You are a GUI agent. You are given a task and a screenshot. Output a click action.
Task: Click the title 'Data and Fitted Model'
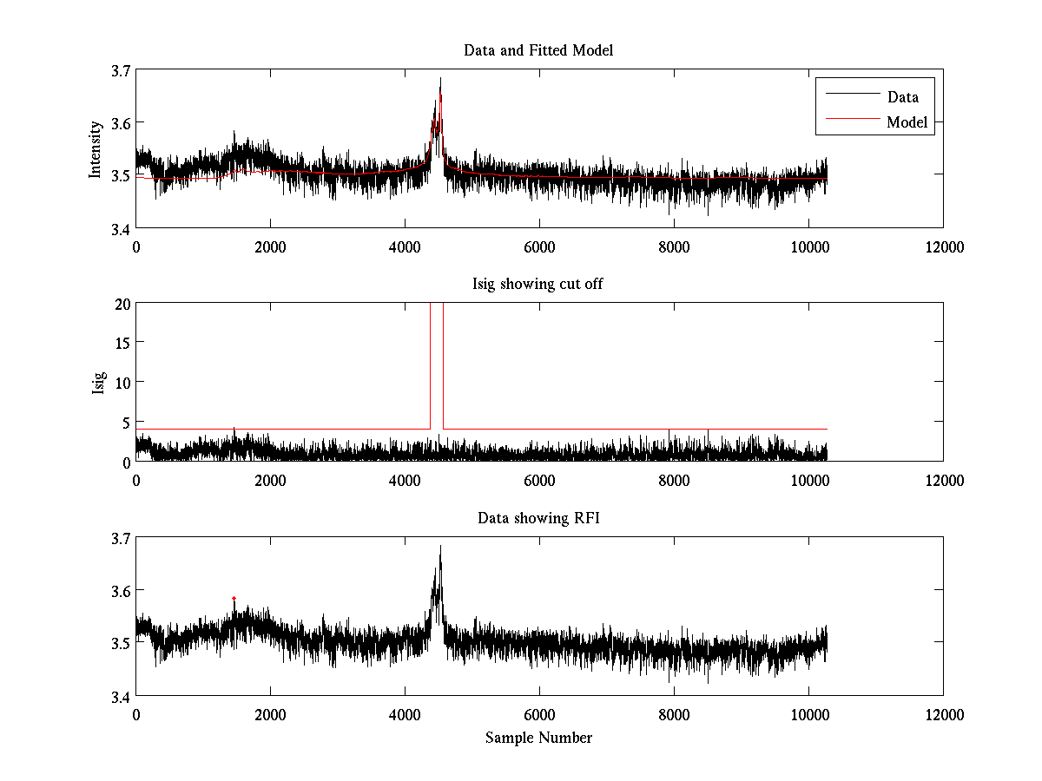[x=538, y=50]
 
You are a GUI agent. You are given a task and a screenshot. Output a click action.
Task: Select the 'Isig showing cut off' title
[x=538, y=285]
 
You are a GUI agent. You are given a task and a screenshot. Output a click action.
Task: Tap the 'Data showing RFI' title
[x=538, y=518]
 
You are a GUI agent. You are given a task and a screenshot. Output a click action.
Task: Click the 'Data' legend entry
[x=902, y=97]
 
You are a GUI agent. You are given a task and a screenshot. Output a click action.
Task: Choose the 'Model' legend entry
[x=907, y=122]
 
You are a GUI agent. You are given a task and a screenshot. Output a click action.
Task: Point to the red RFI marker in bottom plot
[x=234, y=598]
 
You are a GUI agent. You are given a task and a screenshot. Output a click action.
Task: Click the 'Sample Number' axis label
[x=538, y=738]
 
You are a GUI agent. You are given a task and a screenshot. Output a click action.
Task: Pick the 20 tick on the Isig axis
[x=122, y=304]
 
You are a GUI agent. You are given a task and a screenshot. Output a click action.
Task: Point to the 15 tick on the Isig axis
[x=122, y=343]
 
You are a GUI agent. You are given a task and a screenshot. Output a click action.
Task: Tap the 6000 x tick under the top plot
[x=539, y=247]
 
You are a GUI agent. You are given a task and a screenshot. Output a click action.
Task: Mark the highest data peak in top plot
[x=440, y=78]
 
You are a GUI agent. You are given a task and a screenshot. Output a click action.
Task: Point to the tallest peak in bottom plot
[x=440, y=546]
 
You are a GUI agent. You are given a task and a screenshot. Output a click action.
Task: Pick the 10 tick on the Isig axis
[x=122, y=382]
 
